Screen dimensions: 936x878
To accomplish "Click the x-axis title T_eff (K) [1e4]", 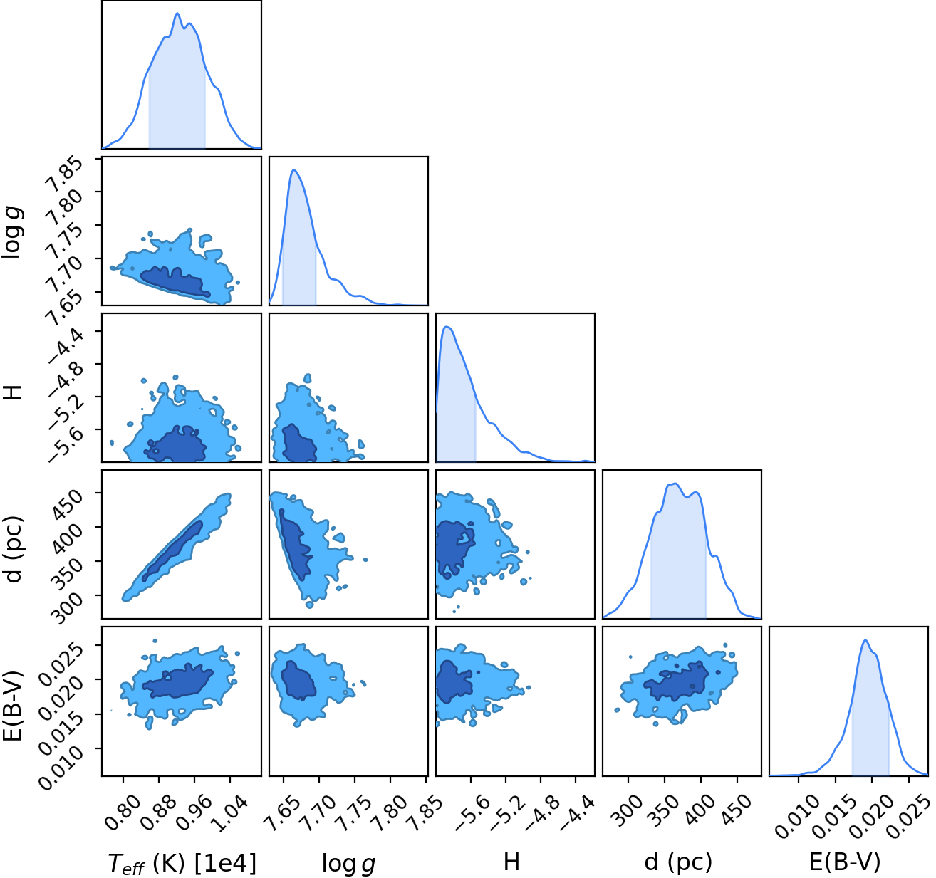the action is [182, 863].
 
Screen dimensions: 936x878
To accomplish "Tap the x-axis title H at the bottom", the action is [512, 862].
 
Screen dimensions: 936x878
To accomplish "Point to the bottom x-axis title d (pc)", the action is [679, 862].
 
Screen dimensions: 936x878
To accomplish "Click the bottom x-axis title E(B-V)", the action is [845, 862].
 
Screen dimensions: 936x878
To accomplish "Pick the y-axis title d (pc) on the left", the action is [14, 549].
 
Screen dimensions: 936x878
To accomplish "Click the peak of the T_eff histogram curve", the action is [177, 14].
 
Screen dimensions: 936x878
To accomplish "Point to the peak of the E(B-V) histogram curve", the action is [865, 639].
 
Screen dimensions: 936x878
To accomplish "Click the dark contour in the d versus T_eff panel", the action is [172, 551].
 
